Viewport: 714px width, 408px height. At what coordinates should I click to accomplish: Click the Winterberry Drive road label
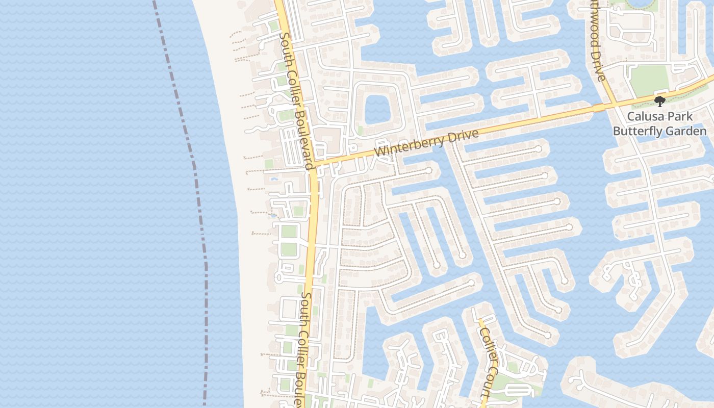pos(426,143)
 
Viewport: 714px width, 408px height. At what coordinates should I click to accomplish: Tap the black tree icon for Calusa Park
pos(660,101)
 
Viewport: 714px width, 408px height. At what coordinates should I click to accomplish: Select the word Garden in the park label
pos(688,131)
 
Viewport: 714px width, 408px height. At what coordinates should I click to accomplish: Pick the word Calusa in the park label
pos(645,116)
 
